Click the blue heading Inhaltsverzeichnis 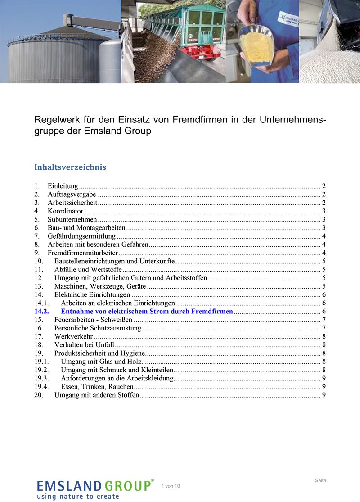click(70, 167)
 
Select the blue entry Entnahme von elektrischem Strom click(147, 311)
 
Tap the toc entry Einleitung click(63, 185)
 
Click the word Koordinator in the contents click(66, 211)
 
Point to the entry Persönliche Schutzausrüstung click(98, 328)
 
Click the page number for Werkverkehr click(324, 336)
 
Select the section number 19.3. click(41, 378)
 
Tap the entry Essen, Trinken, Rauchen click(97, 387)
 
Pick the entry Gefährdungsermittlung click(81, 236)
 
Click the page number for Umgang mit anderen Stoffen click(324, 395)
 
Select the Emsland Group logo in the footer click(95, 488)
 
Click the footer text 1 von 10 click(171, 486)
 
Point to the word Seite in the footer click(320, 480)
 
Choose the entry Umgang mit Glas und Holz click(101, 362)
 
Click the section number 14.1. click(41, 303)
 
